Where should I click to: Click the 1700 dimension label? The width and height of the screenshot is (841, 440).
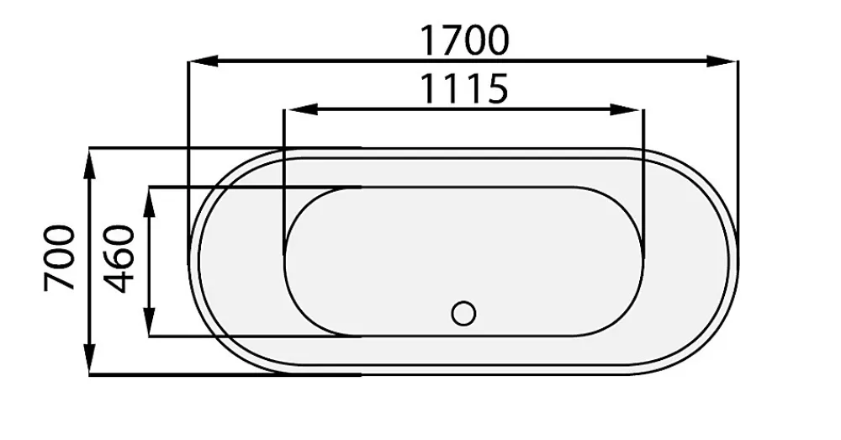[463, 40]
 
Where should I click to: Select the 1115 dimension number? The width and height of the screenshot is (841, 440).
[463, 88]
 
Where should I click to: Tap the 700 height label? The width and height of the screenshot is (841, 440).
[60, 258]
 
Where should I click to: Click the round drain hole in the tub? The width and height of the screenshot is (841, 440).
[463, 313]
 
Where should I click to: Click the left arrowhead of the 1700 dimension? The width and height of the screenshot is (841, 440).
[204, 61]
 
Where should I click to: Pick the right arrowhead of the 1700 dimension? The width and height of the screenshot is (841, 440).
[722, 61]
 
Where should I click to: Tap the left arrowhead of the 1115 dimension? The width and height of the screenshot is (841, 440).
[299, 109]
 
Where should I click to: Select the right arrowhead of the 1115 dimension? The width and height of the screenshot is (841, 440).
[627, 109]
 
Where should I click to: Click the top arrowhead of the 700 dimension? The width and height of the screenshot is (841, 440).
[90, 164]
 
